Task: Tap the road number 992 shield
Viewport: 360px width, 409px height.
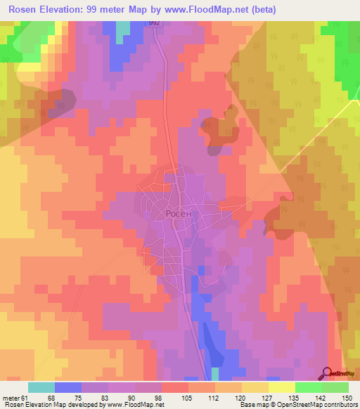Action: tap(155, 22)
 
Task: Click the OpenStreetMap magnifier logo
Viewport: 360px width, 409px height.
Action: tap(327, 373)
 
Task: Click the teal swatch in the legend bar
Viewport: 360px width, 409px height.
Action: tap(41, 387)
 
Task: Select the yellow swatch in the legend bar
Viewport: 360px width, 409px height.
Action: tap(281, 387)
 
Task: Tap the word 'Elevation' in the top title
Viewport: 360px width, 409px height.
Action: tap(58, 9)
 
